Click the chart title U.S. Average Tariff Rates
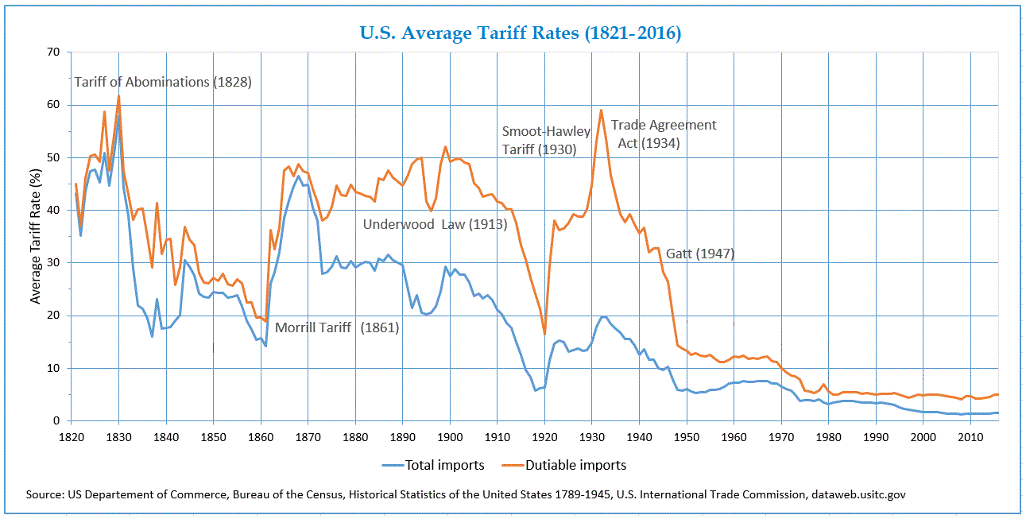point(521,33)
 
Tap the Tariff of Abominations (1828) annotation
point(163,82)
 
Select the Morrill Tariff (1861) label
point(336,327)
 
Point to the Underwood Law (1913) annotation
point(435,224)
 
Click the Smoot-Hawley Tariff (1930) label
point(545,140)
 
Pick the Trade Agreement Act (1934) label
point(663,134)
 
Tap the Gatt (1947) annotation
point(699,254)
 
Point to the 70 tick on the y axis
point(54,52)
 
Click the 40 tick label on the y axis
point(54,211)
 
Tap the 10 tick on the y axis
point(54,369)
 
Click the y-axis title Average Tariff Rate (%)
point(35,236)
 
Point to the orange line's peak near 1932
point(601,110)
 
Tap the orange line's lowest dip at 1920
point(544,334)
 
